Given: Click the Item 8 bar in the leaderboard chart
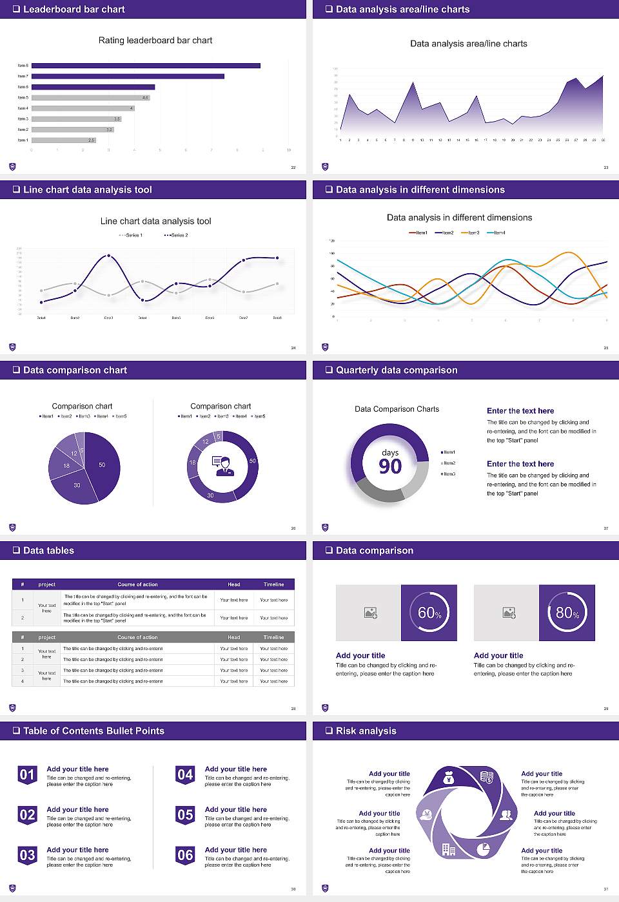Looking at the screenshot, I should point(146,66).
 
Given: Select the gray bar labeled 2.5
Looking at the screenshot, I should point(63,140).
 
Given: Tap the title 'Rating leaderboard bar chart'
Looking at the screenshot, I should point(155,40).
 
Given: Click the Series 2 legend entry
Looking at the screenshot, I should point(176,235).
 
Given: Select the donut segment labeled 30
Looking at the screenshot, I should point(211,495).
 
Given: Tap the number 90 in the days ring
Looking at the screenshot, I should point(390,466).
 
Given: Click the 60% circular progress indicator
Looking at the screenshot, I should point(429,613).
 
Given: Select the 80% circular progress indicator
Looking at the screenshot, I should point(567,613).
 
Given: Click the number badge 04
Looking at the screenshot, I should point(185,774).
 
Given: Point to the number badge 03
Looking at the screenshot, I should point(27,855).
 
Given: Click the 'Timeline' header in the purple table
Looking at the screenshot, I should point(273,584).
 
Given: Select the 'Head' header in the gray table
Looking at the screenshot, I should point(233,637).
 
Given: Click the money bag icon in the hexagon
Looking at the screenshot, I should point(449,779).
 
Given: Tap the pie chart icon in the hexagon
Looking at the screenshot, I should point(483,849).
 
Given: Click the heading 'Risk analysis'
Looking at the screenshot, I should point(366,731).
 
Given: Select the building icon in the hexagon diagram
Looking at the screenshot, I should point(449,849).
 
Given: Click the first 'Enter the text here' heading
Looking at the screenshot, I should point(520,410).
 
